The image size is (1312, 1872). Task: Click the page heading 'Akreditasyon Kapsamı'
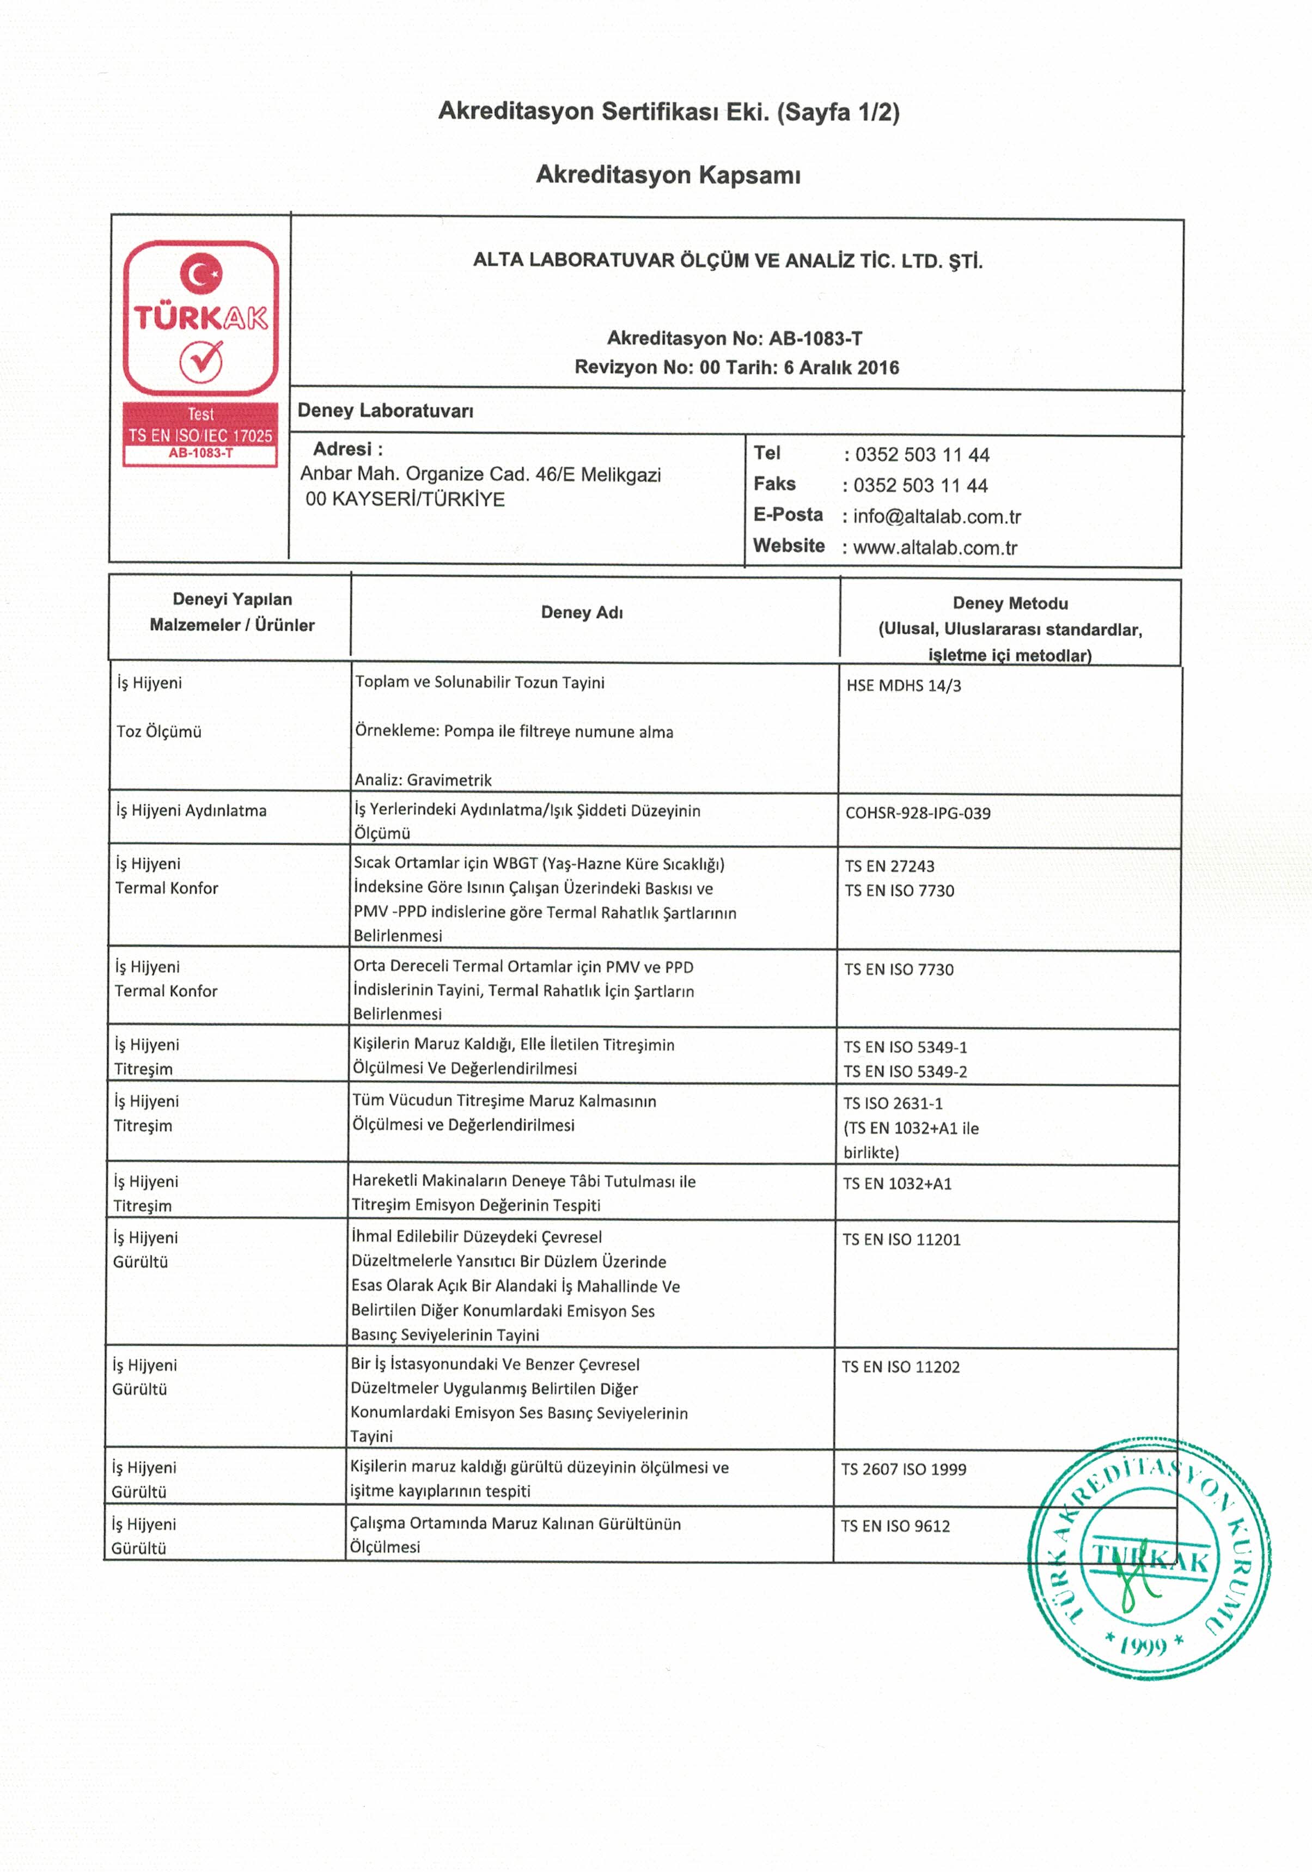(x=668, y=174)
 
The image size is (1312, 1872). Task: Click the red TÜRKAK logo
(x=200, y=318)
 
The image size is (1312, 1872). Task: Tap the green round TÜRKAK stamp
(x=1148, y=1558)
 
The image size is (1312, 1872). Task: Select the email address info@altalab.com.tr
(x=937, y=517)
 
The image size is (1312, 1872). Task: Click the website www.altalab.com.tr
(x=935, y=548)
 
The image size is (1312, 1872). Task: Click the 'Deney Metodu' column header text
(x=1010, y=604)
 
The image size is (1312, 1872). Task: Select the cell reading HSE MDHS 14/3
(x=904, y=686)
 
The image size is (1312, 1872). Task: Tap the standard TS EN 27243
(x=889, y=867)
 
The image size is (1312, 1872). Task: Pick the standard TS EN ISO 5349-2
(x=905, y=1072)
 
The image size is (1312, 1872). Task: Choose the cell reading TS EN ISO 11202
(x=900, y=1367)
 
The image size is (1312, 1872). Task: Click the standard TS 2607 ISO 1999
(x=904, y=1470)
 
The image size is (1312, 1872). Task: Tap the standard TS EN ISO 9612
(x=895, y=1526)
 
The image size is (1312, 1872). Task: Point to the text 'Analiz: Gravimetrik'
(x=423, y=780)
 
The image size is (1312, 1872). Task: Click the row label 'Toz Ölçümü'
(x=159, y=732)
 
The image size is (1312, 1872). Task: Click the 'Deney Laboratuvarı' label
(x=385, y=411)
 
